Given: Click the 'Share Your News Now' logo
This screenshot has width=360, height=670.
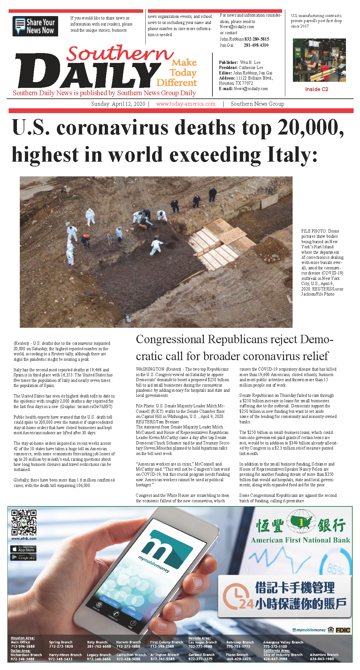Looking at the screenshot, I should [35, 26].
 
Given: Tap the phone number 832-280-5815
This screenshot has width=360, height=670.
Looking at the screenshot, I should [257, 39].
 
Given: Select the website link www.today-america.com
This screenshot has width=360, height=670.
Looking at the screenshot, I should [186, 104].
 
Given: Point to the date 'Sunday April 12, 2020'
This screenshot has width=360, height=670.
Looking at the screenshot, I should [118, 104].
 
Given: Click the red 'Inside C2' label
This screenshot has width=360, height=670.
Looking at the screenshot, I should [317, 89].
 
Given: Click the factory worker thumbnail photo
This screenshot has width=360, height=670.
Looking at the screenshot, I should [319, 60].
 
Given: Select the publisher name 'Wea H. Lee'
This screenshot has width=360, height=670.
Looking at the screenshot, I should [250, 62].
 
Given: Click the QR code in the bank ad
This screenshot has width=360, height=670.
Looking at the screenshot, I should [24, 522].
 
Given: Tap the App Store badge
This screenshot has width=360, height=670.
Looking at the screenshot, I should [23, 549].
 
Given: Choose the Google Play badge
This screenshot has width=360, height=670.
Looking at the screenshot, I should [23, 557].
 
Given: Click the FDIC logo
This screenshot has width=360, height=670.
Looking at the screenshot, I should [343, 630].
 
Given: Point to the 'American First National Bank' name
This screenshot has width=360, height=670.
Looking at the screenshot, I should [300, 540].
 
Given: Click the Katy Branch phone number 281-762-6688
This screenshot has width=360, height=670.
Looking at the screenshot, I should [99, 646].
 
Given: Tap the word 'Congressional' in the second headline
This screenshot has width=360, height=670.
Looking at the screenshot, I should [170, 339].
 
